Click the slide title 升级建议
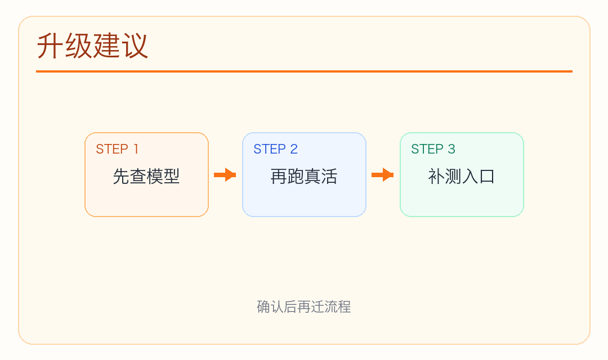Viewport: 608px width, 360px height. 92,46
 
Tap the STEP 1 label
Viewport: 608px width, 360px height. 117,149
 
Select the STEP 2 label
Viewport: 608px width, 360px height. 275,149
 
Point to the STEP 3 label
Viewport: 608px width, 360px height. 433,149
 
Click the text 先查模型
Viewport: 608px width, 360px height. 146,177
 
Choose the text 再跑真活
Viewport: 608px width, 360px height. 304,177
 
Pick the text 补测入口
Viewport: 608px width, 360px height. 462,177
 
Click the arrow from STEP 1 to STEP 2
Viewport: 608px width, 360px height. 225,175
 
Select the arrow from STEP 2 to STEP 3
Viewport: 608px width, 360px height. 383,175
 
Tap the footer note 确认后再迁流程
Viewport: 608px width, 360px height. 304,307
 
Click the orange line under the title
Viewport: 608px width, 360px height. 304,71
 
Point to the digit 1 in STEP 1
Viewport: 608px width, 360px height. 135,149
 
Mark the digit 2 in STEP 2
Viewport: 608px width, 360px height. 294,149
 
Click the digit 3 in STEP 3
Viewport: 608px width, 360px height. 451,149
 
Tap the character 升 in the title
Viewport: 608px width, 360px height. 50,46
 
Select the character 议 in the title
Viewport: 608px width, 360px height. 135,46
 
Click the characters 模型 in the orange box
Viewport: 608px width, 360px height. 163,177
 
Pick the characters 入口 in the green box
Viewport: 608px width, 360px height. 479,177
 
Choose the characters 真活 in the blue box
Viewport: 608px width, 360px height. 321,177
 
